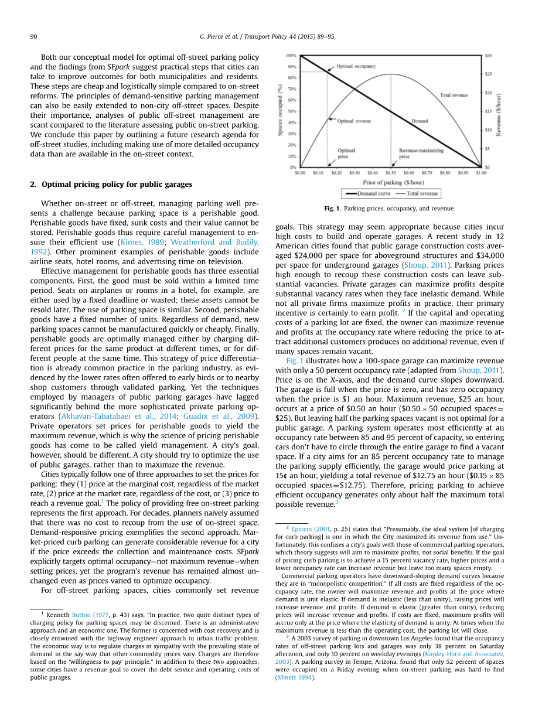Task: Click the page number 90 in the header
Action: pos(34,37)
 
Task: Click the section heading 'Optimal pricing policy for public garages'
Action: pos(117,184)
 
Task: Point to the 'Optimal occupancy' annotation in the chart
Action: pos(356,67)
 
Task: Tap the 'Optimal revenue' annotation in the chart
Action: pos(354,121)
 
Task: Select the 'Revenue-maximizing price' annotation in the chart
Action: pos(421,154)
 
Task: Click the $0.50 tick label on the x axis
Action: pos(391,173)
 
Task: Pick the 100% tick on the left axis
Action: pos(291,56)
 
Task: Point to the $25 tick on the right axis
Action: pos(488,74)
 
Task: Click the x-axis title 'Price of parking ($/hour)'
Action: pos(390,182)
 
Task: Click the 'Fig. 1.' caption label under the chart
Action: pos(332,209)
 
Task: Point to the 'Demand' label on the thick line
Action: pos(420,121)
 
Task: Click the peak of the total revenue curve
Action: pos(391,74)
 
